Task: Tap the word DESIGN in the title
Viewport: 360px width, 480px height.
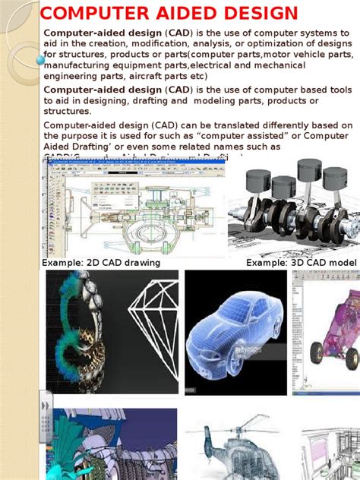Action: tap(257, 14)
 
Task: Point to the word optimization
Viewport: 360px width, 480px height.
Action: tap(272, 44)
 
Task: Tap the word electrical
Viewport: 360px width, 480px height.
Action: tap(216, 65)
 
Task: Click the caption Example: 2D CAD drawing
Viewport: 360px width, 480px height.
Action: tap(100, 263)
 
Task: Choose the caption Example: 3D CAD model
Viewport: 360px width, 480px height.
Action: tap(301, 263)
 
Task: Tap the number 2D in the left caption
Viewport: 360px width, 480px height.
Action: tap(94, 263)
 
